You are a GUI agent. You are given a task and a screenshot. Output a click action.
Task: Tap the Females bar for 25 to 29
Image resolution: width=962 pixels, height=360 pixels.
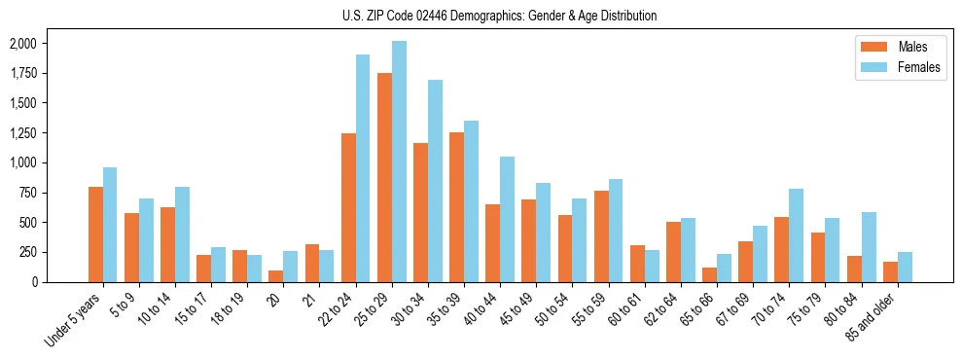point(399,162)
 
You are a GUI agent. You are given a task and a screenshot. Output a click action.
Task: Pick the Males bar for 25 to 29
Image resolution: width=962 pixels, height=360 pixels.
point(384,178)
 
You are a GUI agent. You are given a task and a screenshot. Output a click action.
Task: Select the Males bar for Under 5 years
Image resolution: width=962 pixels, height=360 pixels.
point(95,234)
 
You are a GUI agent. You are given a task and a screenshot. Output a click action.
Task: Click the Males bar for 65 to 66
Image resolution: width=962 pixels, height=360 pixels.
point(710,274)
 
